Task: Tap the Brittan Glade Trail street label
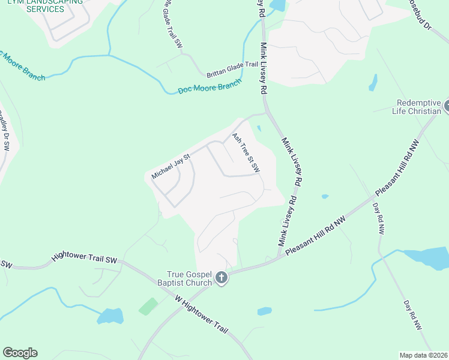[x=232, y=70]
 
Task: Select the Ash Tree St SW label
[x=246, y=153]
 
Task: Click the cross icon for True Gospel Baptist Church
[x=221, y=277]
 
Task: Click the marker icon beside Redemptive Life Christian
[x=445, y=107]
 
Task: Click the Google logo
[x=20, y=353]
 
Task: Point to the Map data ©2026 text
[x=423, y=355]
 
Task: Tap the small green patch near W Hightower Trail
[x=148, y=307]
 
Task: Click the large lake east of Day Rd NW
[x=427, y=258]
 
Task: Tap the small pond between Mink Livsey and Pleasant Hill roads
[x=325, y=196]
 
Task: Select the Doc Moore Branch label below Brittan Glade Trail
[x=209, y=86]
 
